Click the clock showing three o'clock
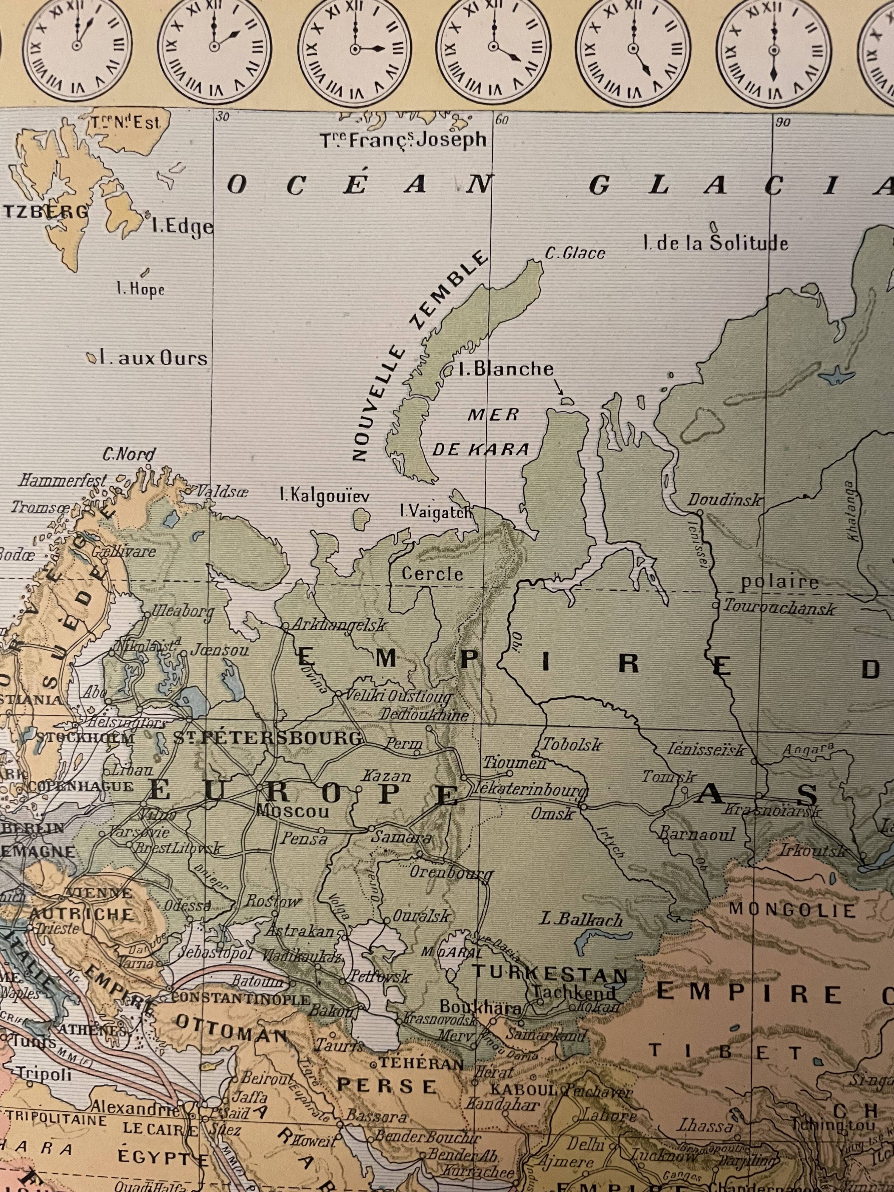[355, 49]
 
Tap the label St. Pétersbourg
[268, 738]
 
